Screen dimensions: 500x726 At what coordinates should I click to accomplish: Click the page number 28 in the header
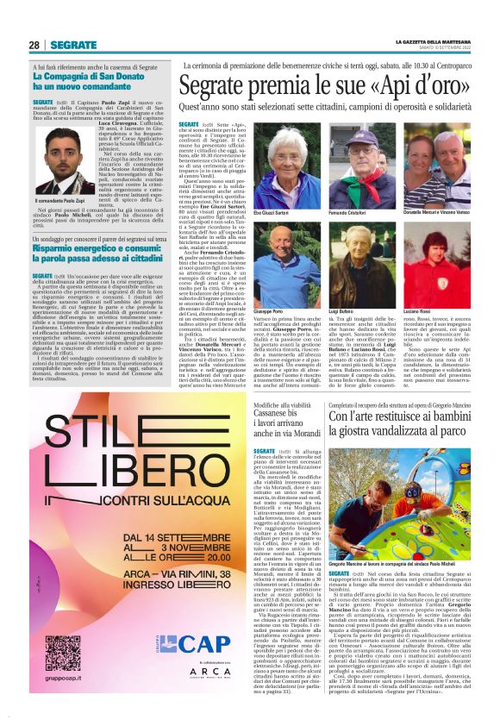pyautogui.click(x=35, y=45)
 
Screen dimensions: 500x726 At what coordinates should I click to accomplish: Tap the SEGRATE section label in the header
pyautogui.click(x=73, y=45)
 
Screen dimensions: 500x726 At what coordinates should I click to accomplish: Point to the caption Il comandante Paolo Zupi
pyautogui.click(x=65, y=200)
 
